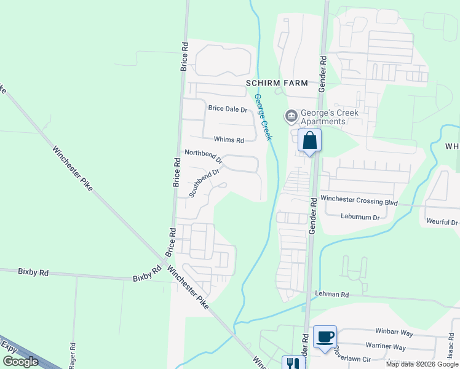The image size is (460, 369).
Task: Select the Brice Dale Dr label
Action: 227,109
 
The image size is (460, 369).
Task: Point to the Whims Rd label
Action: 229,140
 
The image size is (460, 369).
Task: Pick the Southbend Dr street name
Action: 204,183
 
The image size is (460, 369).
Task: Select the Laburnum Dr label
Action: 360,216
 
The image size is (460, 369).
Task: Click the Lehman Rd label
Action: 331,295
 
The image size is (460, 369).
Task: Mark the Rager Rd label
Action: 73,355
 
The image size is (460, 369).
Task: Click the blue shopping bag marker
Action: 309,141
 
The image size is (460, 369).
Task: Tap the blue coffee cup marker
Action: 325,336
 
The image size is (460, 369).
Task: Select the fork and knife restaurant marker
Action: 293,363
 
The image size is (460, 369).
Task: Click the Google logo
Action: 20,362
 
